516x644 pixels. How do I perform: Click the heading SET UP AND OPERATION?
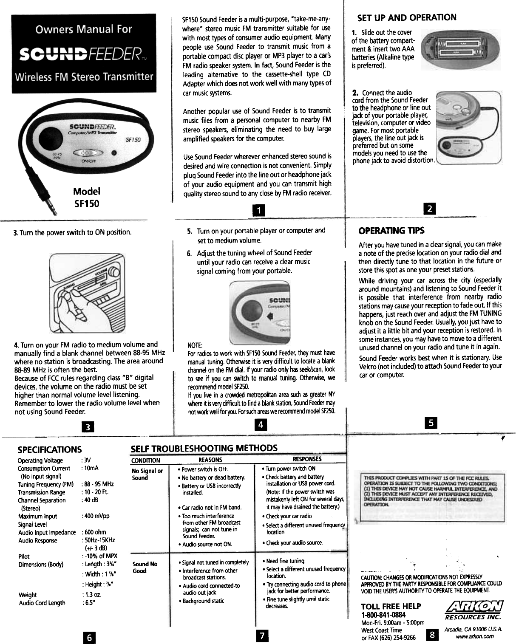[x=407, y=17]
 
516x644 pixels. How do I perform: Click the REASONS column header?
[x=210, y=460]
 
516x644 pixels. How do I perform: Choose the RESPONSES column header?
[x=307, y=459]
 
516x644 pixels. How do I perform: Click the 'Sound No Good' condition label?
[x=145, y=567]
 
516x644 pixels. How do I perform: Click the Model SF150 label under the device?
[x=86, y=198]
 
